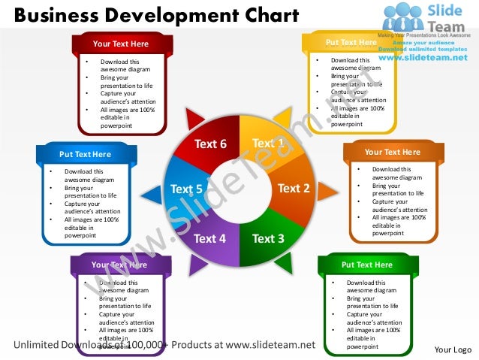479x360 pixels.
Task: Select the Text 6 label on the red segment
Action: click(210, 144)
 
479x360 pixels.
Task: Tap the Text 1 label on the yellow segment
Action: click(267, 143)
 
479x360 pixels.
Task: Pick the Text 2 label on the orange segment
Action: click(294, 188)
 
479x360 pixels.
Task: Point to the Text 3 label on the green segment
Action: click(268, 239)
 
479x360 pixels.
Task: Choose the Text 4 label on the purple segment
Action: click(209, 239)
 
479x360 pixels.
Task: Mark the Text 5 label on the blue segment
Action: click(186, 189)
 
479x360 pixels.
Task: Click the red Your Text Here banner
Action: click(121, 44)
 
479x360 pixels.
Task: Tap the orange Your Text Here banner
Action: click(392, 153)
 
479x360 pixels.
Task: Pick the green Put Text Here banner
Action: click(366, 265)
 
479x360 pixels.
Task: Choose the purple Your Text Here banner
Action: click(119, 265)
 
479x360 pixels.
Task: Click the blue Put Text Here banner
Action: click(85, 155)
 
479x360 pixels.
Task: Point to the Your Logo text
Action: click(453, 350)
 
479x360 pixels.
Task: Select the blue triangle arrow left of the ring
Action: click(150, 195)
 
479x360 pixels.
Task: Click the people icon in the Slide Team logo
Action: click(404, 17)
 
